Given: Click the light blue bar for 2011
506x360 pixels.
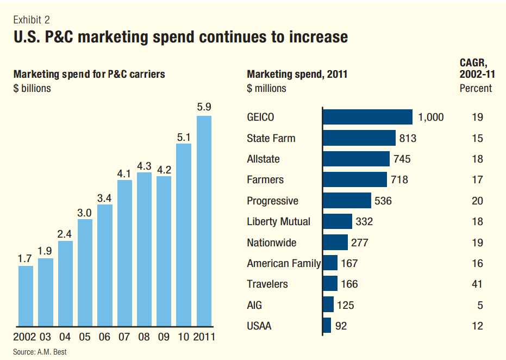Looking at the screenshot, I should point(204,221).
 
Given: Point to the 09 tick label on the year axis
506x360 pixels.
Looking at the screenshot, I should point(164,337).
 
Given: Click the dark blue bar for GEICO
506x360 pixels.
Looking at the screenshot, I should point(368,117).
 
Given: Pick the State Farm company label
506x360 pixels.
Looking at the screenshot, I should point(271,138).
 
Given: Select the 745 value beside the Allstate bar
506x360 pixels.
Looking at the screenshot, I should point(403,159).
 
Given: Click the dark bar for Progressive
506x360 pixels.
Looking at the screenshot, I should point(347,201).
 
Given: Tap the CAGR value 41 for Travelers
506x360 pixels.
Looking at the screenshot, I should point(477,284).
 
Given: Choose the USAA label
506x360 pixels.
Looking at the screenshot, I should point(259,326).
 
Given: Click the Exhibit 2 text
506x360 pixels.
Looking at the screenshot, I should point(32,20).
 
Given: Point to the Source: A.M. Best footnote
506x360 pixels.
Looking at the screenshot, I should point(40,352).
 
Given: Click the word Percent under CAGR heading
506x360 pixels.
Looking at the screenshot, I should point(476,88).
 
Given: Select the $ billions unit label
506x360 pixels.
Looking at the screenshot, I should point(32,88).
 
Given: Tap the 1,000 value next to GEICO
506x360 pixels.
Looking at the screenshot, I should point(431,117).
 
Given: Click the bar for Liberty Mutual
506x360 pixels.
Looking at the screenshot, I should point(338,221).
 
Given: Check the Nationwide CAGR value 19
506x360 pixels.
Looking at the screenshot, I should point(477,243).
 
